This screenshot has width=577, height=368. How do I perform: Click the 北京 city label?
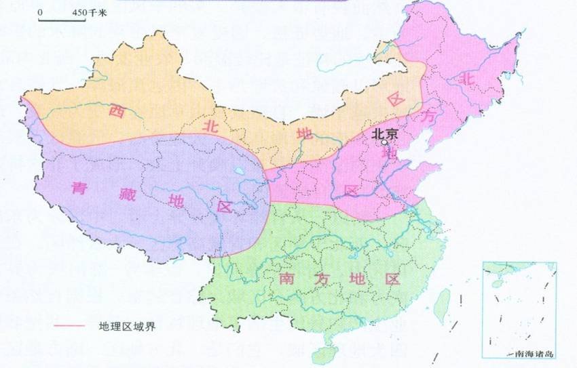pos(385,135)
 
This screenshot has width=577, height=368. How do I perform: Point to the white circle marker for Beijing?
pos(384,143)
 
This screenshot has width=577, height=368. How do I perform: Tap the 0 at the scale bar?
pos(41,12)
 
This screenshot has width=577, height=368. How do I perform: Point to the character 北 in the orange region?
pos(208,125)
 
